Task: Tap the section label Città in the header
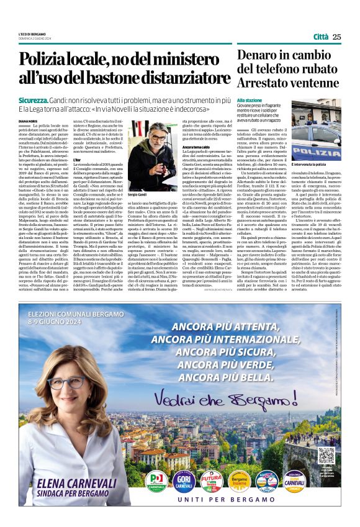(x=321, y=37)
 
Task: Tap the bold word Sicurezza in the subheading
(x=34, y=99)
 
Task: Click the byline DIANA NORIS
(x=29, y=121)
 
